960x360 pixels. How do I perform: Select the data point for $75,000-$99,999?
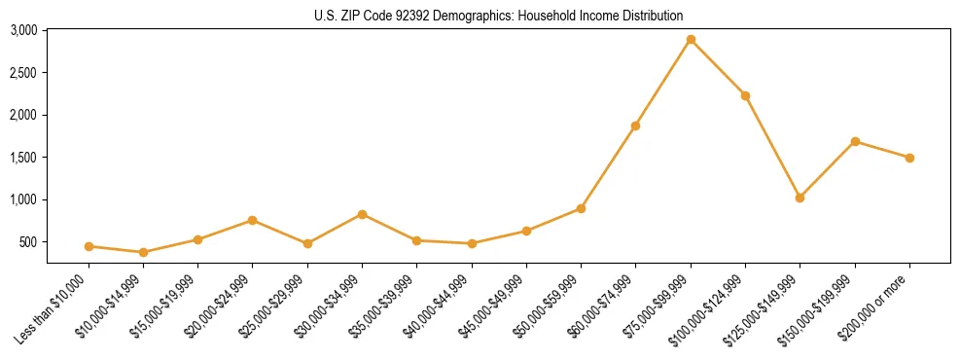(691, 40)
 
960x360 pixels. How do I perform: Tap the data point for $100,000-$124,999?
(745, 95)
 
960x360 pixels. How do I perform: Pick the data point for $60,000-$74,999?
(635, 126)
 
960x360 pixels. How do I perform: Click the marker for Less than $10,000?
(89, 246)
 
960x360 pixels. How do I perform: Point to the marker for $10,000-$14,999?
(143, 252)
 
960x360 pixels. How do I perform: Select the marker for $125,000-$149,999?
(800, 198)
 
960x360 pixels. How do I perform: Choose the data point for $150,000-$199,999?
(855, 141)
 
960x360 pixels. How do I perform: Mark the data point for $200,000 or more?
(909, 158)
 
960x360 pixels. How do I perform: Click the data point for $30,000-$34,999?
(362, 214)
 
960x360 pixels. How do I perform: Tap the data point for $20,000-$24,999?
(253, 220)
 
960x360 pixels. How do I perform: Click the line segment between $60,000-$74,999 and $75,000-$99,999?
(663, 83)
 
